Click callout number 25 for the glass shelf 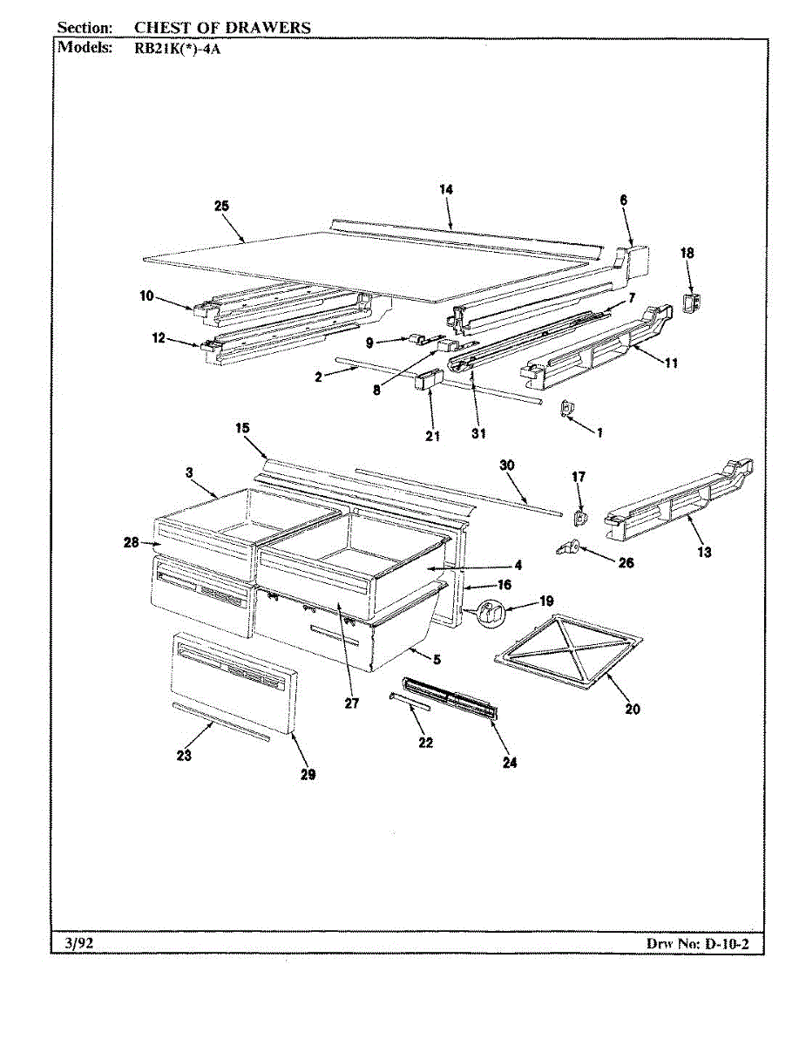[221, 206]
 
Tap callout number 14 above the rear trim [447, 189]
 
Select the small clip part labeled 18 [694, 302]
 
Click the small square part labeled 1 [565, 406]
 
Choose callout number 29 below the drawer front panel [308, 773]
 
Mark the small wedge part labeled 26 [567, 547]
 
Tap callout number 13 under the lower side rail [704, 552]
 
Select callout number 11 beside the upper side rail [671, 363]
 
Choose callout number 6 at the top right [624, 200]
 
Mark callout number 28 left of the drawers [132, 543]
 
